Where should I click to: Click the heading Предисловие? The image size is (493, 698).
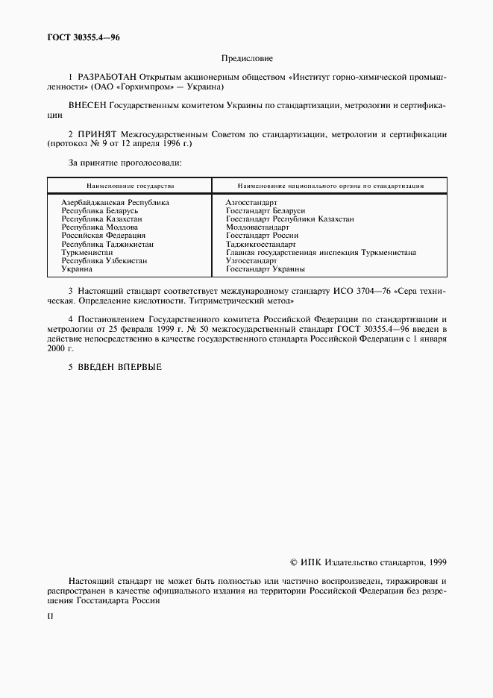click(247, 57)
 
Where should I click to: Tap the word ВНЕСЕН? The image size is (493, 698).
click(88, 106)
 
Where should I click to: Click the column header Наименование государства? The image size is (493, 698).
click(130, 185)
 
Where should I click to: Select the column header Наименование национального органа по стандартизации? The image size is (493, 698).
click(330, 185)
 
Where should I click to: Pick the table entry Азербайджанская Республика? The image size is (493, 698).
click(115, 202)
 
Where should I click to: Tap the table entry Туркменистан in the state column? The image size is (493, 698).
click(87, 253)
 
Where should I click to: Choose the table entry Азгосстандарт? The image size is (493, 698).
click(251, 202)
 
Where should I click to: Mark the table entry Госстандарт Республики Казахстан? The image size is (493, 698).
click(289, 219)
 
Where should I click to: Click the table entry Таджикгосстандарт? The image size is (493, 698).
click(260, 244)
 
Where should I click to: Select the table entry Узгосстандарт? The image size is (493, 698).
click(251, 261)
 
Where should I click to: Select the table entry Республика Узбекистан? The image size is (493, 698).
click(104, 261)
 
